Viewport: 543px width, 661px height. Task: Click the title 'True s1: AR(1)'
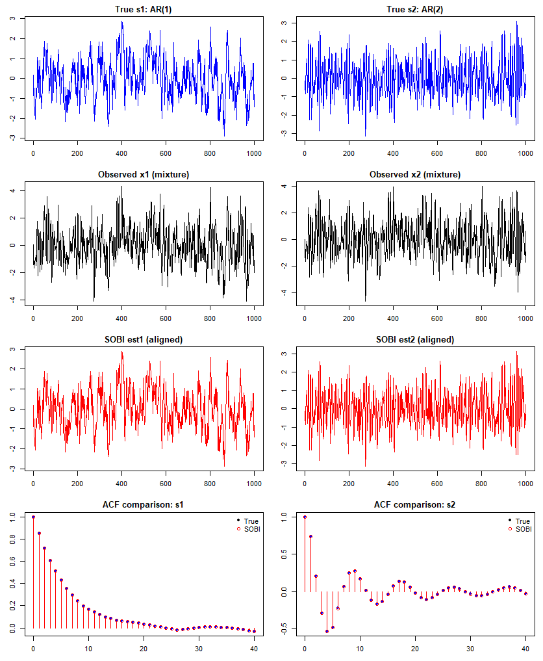pyautogui.click(x=144, y=9)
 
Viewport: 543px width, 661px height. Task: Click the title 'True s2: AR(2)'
pyautogui.click(x=415, y=9)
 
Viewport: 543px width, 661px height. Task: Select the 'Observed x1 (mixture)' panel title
pyautogui.click(x=144, y=175)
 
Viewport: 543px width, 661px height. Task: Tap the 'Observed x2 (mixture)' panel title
pyautogui.click(x=415, y=175)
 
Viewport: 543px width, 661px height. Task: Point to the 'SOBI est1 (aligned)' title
pyautogui.click(x=144, y=339)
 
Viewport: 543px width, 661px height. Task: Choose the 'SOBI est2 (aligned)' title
pyautogui.click(x=415, y=339)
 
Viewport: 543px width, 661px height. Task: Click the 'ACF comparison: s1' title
pyautogui.click(x=144, y=504)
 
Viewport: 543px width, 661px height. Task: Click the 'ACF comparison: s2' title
pyautogui.click(x=415, y=504)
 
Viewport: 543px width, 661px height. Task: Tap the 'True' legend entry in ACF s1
pyautogui.click(x=248, y=521)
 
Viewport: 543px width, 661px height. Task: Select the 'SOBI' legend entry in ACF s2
pyautogui.click(x=520, y=529)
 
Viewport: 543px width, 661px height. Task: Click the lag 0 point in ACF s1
pyautogui.click(x=33, y=517)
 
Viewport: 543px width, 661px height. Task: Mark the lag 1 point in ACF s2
pyautogui.click(x=310, y=537)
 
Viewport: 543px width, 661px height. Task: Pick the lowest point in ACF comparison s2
pyautogui.click(x=327, y=632)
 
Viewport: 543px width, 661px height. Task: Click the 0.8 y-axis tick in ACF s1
pyautogui.click(x=12, y=539)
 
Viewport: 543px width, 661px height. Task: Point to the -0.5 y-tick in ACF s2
pyautogui.click(x=284, y=629)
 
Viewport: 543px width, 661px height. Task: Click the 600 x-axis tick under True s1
pyautogui.click(x=166, y=153)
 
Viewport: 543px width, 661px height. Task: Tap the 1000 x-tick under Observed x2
pyautogui.click(x=525, y=318)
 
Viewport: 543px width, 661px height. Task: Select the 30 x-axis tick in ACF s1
pyautogui.click(x=199, y=649)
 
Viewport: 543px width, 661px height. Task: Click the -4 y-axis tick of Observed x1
pyautogui.click(x=12, y=300)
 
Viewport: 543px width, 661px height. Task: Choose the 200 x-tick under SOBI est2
pyautogui.click(x=349, y=484)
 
